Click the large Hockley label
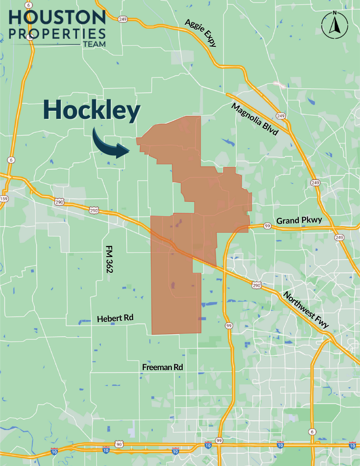coord(91,110)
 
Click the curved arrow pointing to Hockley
coord(111,145)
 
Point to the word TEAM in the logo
coord(94,44)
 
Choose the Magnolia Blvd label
coord(255,119)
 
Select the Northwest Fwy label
coord(306,309)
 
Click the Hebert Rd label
coord(116,318)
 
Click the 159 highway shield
coord(4,199)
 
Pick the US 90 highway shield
coord(119,444)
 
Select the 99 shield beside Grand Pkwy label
coord(267,226)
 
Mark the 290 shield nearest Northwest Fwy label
coord(256,285)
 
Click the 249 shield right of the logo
coord(122,19)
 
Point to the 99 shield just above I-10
coord(219,440)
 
